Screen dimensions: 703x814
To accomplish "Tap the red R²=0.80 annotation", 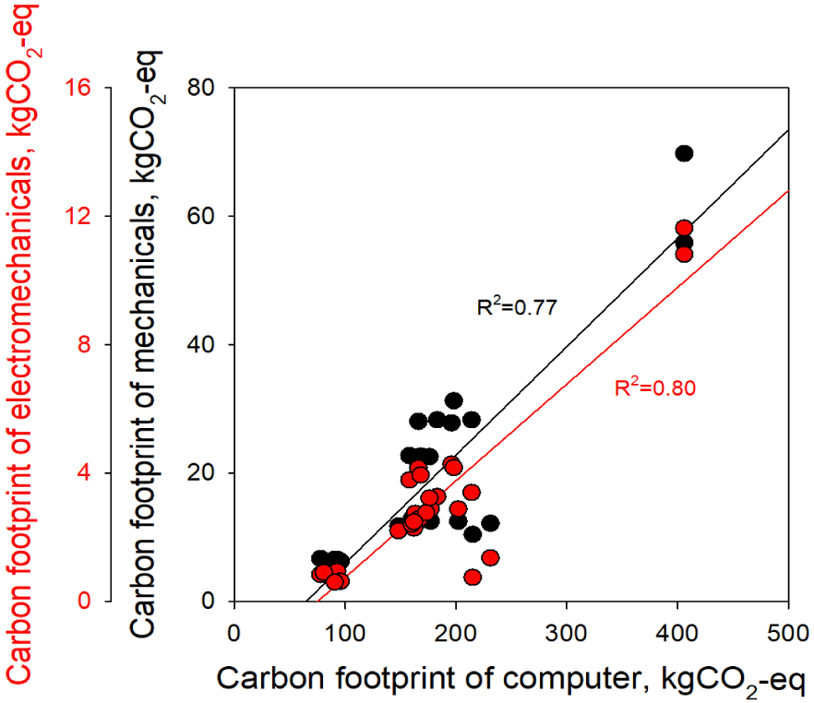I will click(654, 388).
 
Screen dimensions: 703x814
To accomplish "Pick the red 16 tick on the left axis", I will click(78, 89).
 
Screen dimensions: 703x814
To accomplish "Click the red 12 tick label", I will click(78, 217).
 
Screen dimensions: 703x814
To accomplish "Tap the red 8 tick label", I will click(84, 345).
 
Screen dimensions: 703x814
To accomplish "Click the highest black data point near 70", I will click(684, 153).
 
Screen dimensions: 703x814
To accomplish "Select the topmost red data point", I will click(684, 228).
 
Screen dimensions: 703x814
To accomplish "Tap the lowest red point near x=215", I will click(473, 577).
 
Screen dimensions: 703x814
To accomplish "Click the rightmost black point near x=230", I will click(490, 523).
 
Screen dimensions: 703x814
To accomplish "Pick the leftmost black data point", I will click(319, 558).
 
